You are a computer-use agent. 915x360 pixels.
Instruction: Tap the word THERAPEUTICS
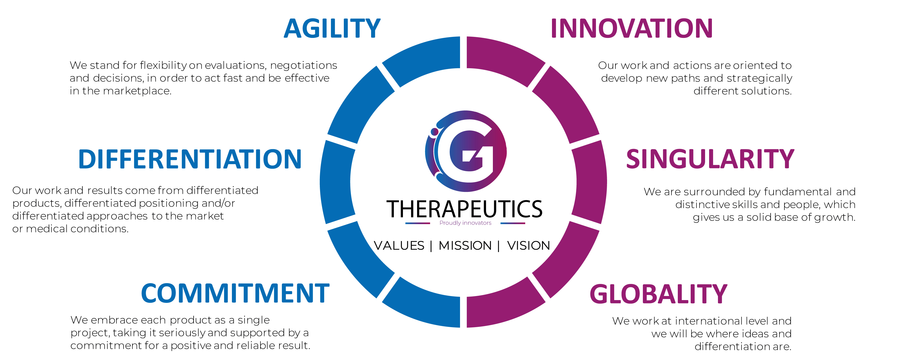tap(464, 209)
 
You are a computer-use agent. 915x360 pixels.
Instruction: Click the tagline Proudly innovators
tap(465, 223)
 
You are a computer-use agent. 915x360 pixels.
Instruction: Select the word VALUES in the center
tap(399, 245)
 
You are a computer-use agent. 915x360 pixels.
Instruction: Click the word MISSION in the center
tap(465, 245)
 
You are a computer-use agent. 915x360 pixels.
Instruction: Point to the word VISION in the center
tap(528, 245)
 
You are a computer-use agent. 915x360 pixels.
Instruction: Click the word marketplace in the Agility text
tap(137, 91)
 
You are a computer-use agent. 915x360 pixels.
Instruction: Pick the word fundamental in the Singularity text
tap(798, 192)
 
